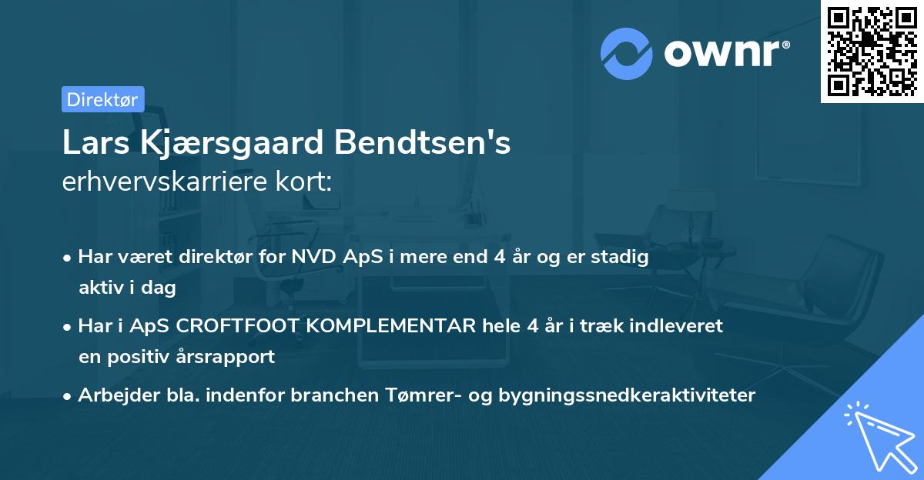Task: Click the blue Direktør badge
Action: point(102,98)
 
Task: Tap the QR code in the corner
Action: point(872,51)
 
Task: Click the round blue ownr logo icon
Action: point(627,53)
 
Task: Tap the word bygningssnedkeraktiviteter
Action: point(628,395)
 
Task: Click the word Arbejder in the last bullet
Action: point(110,395)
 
